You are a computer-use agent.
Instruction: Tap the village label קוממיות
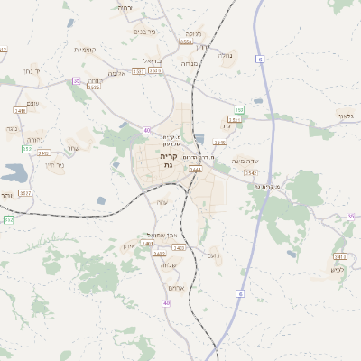(x=85, y=49)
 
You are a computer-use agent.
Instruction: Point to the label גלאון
(x=346, y=115)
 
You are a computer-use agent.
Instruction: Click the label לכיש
(x=338, y=269)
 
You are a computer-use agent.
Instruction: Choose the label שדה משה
(x=245, y=161)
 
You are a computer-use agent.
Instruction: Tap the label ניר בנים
(x=144, y=32)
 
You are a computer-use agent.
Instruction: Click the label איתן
(x=126, y=245)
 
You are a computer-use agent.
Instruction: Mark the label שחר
(x=75, y=148)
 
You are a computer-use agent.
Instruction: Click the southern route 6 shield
(x=241, y=293)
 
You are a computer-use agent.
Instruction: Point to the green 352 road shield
(x=9, y=219)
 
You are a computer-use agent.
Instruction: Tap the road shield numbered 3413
(x=340, y=256)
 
